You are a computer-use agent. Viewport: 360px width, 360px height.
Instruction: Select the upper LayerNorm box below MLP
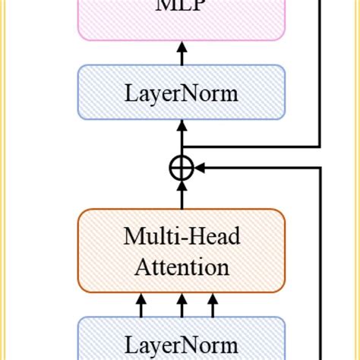(182, 95)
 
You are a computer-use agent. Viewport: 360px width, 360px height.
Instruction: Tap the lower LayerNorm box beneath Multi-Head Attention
(182, 339)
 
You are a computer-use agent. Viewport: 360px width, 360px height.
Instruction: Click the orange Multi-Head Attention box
(182, 251)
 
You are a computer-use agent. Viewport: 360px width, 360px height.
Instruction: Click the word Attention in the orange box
(182, 267)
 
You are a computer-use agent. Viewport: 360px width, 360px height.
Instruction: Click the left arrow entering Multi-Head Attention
(141, 306)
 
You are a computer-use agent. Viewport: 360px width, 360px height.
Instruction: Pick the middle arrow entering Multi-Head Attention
(181, 306)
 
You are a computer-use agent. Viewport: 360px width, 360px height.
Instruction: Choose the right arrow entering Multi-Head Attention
(212, 306)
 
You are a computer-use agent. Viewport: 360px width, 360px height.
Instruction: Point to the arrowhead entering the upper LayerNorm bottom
(181, 130)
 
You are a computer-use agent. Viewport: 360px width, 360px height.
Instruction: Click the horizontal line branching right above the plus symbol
(251, 147)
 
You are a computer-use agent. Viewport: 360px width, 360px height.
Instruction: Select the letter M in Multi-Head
(131, 237)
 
